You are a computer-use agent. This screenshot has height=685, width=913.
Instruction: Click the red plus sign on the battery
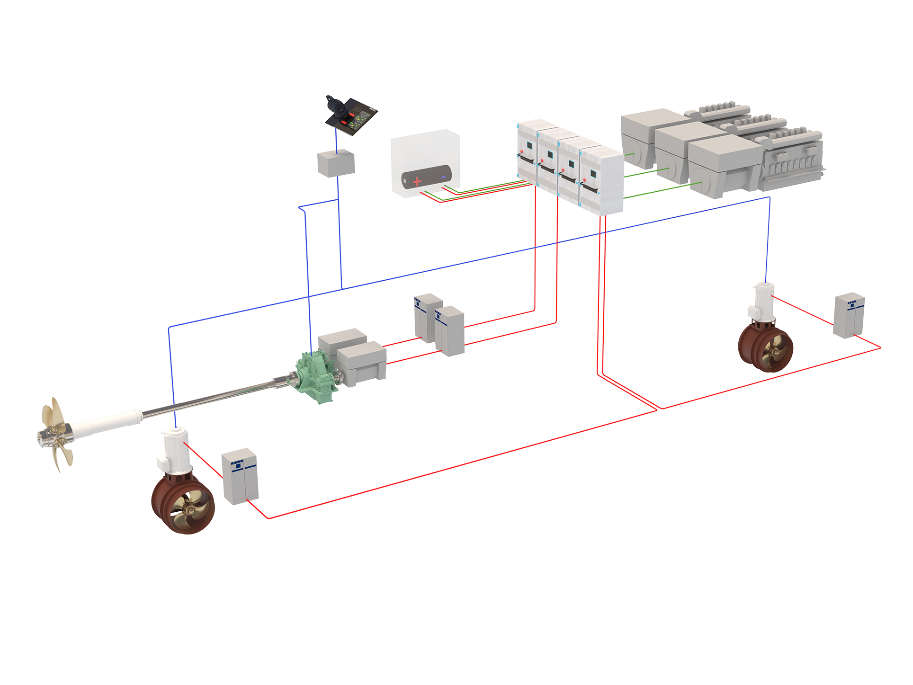417,181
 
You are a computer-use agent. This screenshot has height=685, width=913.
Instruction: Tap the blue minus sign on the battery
443,177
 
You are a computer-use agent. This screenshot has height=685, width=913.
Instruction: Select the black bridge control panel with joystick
353,116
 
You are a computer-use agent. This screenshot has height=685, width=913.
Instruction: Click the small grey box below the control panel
335,164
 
